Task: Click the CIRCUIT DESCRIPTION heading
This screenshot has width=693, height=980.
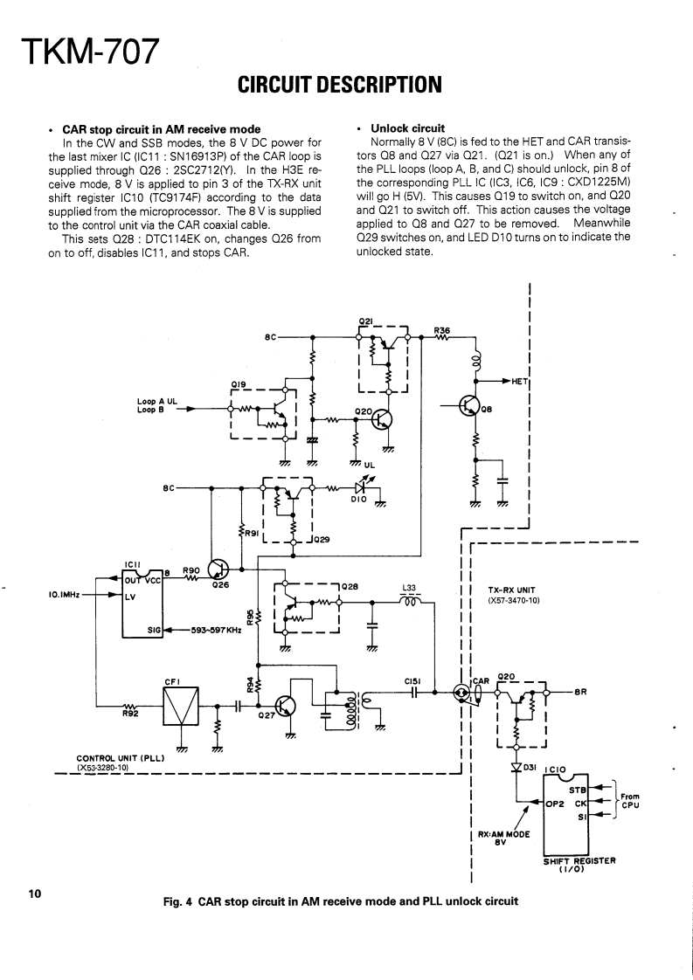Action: tap(339, 85)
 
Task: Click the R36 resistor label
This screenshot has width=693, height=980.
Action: tap(442, 330)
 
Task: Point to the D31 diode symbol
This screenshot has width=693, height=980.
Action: tap(516, 768)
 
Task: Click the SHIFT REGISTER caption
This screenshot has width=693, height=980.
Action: tap(579, 859)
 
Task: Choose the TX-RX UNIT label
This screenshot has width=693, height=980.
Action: tap(511, 589)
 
